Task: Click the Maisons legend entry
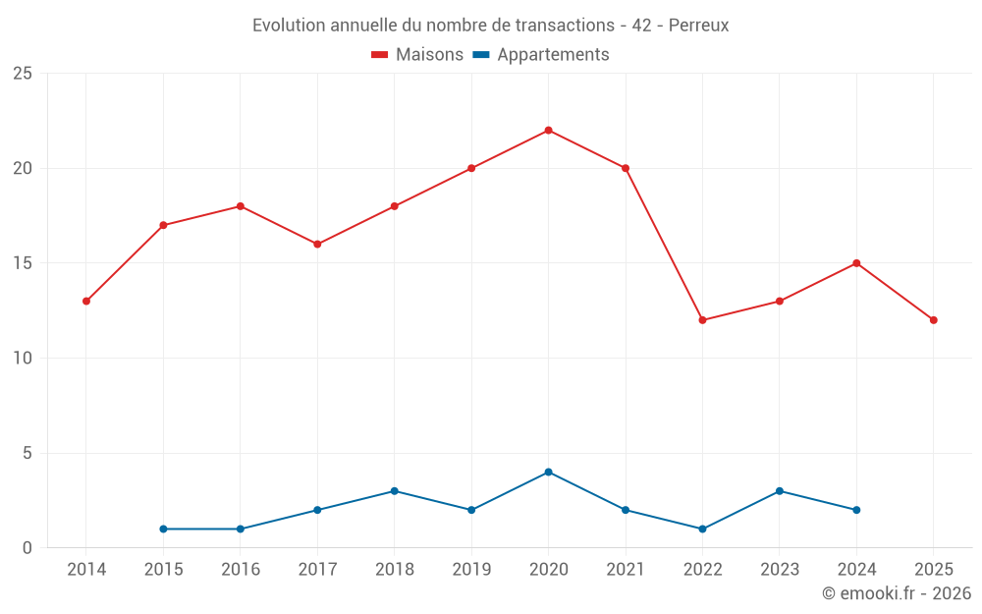(417, 55)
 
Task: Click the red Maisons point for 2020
(548, 131)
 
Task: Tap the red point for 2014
(86, 302)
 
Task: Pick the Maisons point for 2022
(702, 320)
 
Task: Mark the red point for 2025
(933, 320)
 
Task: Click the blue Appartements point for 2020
(548, 473)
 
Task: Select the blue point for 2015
(163, 530)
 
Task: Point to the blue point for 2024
(856, 510)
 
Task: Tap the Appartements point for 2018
(394, 491)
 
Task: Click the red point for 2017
(317, 245)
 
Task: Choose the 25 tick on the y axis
(22, 74)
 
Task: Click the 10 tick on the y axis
(22, 359)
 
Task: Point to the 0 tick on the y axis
(27, 548)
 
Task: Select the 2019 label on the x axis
(471, 569)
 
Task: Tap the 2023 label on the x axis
(779, 569)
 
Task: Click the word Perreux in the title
(698, 26)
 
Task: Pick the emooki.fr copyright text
(896, 593)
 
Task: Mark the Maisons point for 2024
(856, 263)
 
